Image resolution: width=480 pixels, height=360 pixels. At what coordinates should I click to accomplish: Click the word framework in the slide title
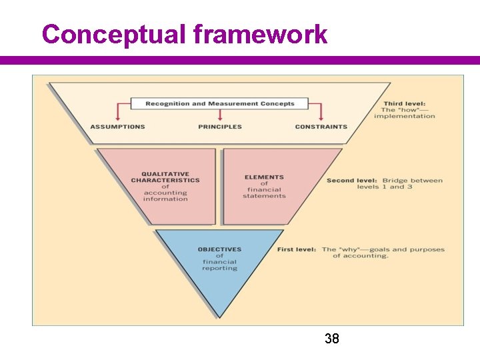pyautogui.click(x=261, y=34)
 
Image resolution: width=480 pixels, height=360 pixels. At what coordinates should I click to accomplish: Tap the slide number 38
pyautogui.click(x=331, y=339)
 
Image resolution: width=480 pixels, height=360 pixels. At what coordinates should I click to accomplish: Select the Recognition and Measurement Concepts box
pyautogui.click(x=219, y=103)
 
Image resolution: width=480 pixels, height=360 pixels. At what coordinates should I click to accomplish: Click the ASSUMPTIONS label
pyautogui.click(x=117, y=127)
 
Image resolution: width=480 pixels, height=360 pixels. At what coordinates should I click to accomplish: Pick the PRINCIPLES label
pyautogui.click(x=219, y=127)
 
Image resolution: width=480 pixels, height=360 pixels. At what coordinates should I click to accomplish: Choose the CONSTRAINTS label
pyautogui.click(x=321, y=127)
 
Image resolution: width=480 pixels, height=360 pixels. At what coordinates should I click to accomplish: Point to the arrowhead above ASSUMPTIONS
pyautogui.click(x=118, y=119)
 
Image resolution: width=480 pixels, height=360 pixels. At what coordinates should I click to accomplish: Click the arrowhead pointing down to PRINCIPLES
pyautogui.click(x=220, y=119)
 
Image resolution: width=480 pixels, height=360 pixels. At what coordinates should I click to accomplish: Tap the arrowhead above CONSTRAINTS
pyautogui.click(x=321, y=119)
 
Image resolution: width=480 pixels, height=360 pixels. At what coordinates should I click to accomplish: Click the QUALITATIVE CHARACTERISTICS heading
pyautogui.click(x=165, y=177)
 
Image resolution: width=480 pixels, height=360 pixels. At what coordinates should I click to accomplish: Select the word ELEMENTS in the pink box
pyautogui.click(x=264, y=177)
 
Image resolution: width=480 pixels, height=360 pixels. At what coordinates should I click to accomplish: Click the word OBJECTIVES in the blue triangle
pyautogui.click(x=219, y=249)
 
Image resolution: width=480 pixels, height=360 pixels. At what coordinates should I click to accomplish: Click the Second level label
pyautogui.click(x=351, y=181)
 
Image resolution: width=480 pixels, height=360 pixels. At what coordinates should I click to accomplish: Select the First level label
pyautogui.click(x=297, y=249)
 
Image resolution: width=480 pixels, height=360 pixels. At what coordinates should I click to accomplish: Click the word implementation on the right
pyautogui.click(x=404, y=116)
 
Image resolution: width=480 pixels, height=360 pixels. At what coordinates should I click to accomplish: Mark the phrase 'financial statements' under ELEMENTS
pyautogui.click(x=264, y=193)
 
